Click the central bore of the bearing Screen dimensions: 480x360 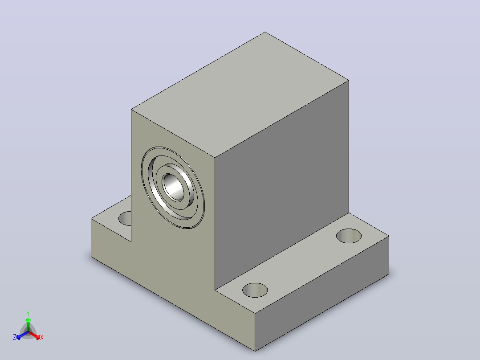pos(174,187)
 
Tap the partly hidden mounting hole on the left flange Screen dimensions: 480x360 pos(125,218)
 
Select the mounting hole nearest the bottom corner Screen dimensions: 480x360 pos(255,290)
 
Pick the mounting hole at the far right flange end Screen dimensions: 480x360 pos(349,236)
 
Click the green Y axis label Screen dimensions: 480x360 pos(28,314)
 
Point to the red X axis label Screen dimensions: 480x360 pos(42,338)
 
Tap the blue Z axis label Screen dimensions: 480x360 pos(15,337)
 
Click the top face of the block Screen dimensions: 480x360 pos(240,94)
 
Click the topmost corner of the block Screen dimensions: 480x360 pos(265,32)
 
